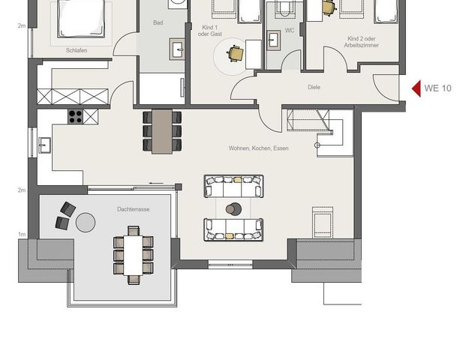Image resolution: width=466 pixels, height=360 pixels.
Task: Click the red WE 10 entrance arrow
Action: (x=416, y=88)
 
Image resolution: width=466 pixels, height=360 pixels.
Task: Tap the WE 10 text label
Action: (x=437, y=88)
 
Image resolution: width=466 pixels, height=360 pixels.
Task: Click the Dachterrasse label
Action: (x=133, y=209)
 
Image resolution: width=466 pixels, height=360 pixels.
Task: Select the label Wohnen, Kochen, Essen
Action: (x=259, y=148)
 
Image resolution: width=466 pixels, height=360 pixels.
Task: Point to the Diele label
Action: (x=314, y=87)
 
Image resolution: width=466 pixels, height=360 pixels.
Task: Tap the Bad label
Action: (x=158, y=23)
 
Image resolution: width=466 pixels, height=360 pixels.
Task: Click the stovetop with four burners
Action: (x=77, y=116)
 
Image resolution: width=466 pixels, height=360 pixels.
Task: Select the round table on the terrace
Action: (x=86, y=222)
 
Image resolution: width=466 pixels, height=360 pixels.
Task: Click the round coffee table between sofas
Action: (x=234, y=208)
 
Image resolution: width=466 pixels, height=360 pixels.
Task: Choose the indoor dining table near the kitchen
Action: (x=162, y=131)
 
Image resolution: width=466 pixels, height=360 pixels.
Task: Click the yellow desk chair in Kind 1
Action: (x=236, y=53)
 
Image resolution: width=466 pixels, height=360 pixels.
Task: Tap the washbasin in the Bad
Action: (x=179, y=50)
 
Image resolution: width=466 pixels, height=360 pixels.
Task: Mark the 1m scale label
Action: (x=22, y=235)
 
